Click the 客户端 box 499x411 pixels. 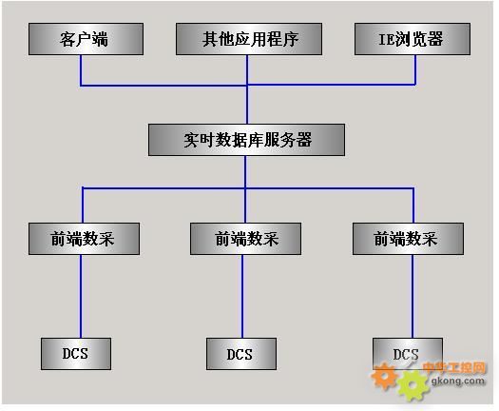tap(86, 39)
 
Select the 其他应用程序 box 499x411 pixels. tap(249, 39)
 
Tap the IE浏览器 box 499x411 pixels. tap(413, 39)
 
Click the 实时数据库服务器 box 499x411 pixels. tap(246, 140)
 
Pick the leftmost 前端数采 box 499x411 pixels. tap(84, 239)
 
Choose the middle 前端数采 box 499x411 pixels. tap(245, 239)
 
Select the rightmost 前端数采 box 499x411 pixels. tap(408, 239)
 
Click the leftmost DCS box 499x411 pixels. tap(76, 354)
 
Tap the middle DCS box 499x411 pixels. tap(241, 354)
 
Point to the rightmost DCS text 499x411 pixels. tap(406, 354)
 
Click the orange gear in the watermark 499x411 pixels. tap(384, 376)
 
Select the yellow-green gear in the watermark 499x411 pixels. tap(412, 385)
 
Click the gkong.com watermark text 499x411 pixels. tap(458, 381)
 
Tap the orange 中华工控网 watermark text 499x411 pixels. tap(454, 367)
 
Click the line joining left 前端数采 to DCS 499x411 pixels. tap(81, 296)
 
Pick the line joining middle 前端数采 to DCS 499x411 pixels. tap(242, 296)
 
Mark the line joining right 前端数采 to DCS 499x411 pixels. tap(413, 296)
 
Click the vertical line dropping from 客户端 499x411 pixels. tap(81, 70)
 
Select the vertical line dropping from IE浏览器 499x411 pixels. tap(415, 70)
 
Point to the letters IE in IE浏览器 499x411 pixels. tap(386, 40)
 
